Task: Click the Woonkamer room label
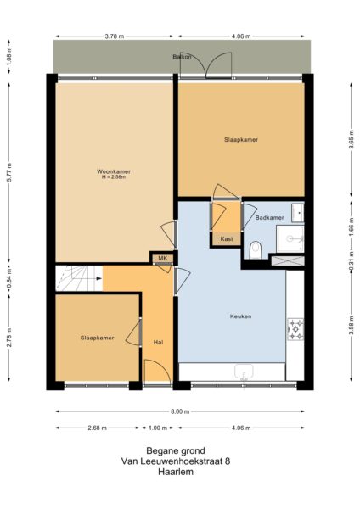(113, 172)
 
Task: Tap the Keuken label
(240, 316)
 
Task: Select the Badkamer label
(269, 218)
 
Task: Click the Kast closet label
(227, 239)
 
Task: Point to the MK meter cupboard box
(161, 258)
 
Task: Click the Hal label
(158, 342)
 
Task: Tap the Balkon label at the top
(180, 57)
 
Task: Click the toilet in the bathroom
(256, 249)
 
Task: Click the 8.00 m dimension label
(180, 411)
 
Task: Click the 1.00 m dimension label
(158, 428)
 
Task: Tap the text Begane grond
(180, 450)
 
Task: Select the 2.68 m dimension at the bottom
(98, 428)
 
